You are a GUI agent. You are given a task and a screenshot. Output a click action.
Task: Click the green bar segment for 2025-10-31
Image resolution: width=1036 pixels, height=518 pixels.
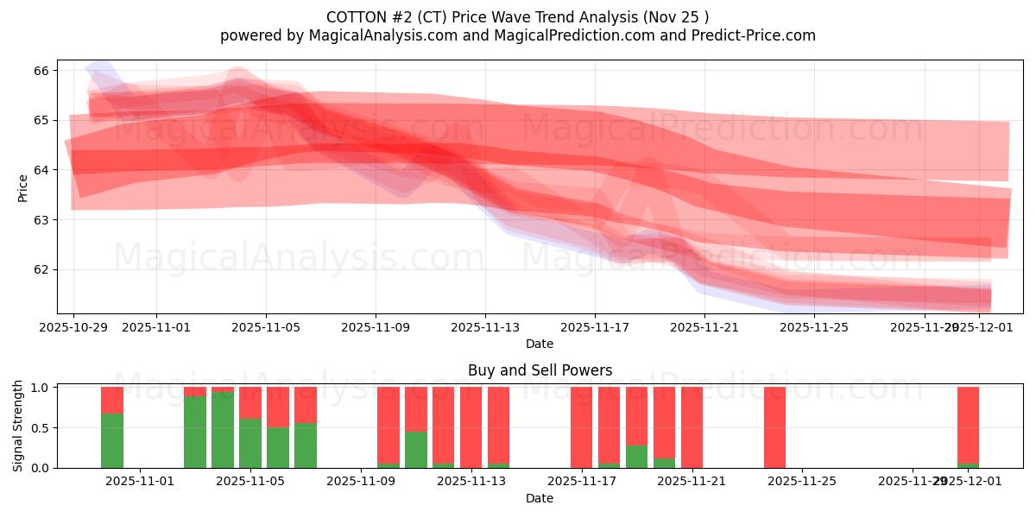112,440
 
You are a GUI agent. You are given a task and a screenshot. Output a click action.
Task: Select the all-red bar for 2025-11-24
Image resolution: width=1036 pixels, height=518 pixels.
774,427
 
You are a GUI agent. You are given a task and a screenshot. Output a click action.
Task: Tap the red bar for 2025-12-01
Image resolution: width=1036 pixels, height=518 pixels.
968,425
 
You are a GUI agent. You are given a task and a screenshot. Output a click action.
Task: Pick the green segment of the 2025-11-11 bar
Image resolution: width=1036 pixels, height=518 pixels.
416,450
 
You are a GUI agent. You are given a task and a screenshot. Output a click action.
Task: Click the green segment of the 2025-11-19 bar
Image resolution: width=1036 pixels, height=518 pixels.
636,457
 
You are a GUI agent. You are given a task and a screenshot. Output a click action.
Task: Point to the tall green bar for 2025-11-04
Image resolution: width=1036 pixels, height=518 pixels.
223,430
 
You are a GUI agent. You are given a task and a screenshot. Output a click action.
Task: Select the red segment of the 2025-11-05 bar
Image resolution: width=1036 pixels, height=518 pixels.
250,403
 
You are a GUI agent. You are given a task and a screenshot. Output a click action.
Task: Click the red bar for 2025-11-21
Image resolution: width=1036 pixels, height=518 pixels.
692,427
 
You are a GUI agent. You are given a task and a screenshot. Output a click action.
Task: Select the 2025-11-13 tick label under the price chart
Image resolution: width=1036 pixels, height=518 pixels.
485,327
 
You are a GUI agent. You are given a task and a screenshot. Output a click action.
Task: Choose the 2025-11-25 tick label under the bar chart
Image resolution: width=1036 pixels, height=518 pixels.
802,481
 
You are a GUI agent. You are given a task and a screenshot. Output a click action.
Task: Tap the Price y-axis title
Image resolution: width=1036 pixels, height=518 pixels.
22,187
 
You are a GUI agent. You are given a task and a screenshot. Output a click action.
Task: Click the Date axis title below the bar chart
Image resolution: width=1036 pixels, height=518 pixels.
540,498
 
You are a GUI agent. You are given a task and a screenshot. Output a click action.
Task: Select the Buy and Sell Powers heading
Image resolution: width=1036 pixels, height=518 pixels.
540,370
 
